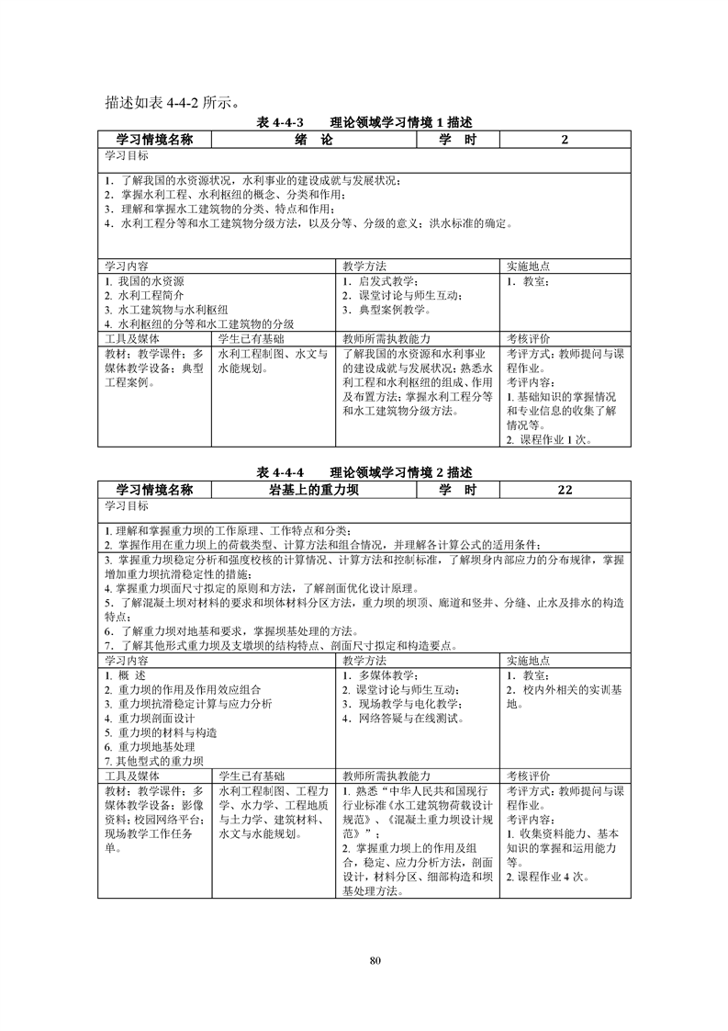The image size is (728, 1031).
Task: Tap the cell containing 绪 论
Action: (313, 140)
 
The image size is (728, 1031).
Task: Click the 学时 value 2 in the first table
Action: (565, 140)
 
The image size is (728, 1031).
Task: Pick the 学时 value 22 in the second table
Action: (565, 490)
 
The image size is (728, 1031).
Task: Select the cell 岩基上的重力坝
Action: (313, 490)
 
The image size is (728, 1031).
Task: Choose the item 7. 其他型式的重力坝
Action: (153, 761)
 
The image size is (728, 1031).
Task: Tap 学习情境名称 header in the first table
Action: (155, 140)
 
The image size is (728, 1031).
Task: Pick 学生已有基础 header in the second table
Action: (252, 776)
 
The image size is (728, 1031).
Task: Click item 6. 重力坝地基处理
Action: (147, 747)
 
